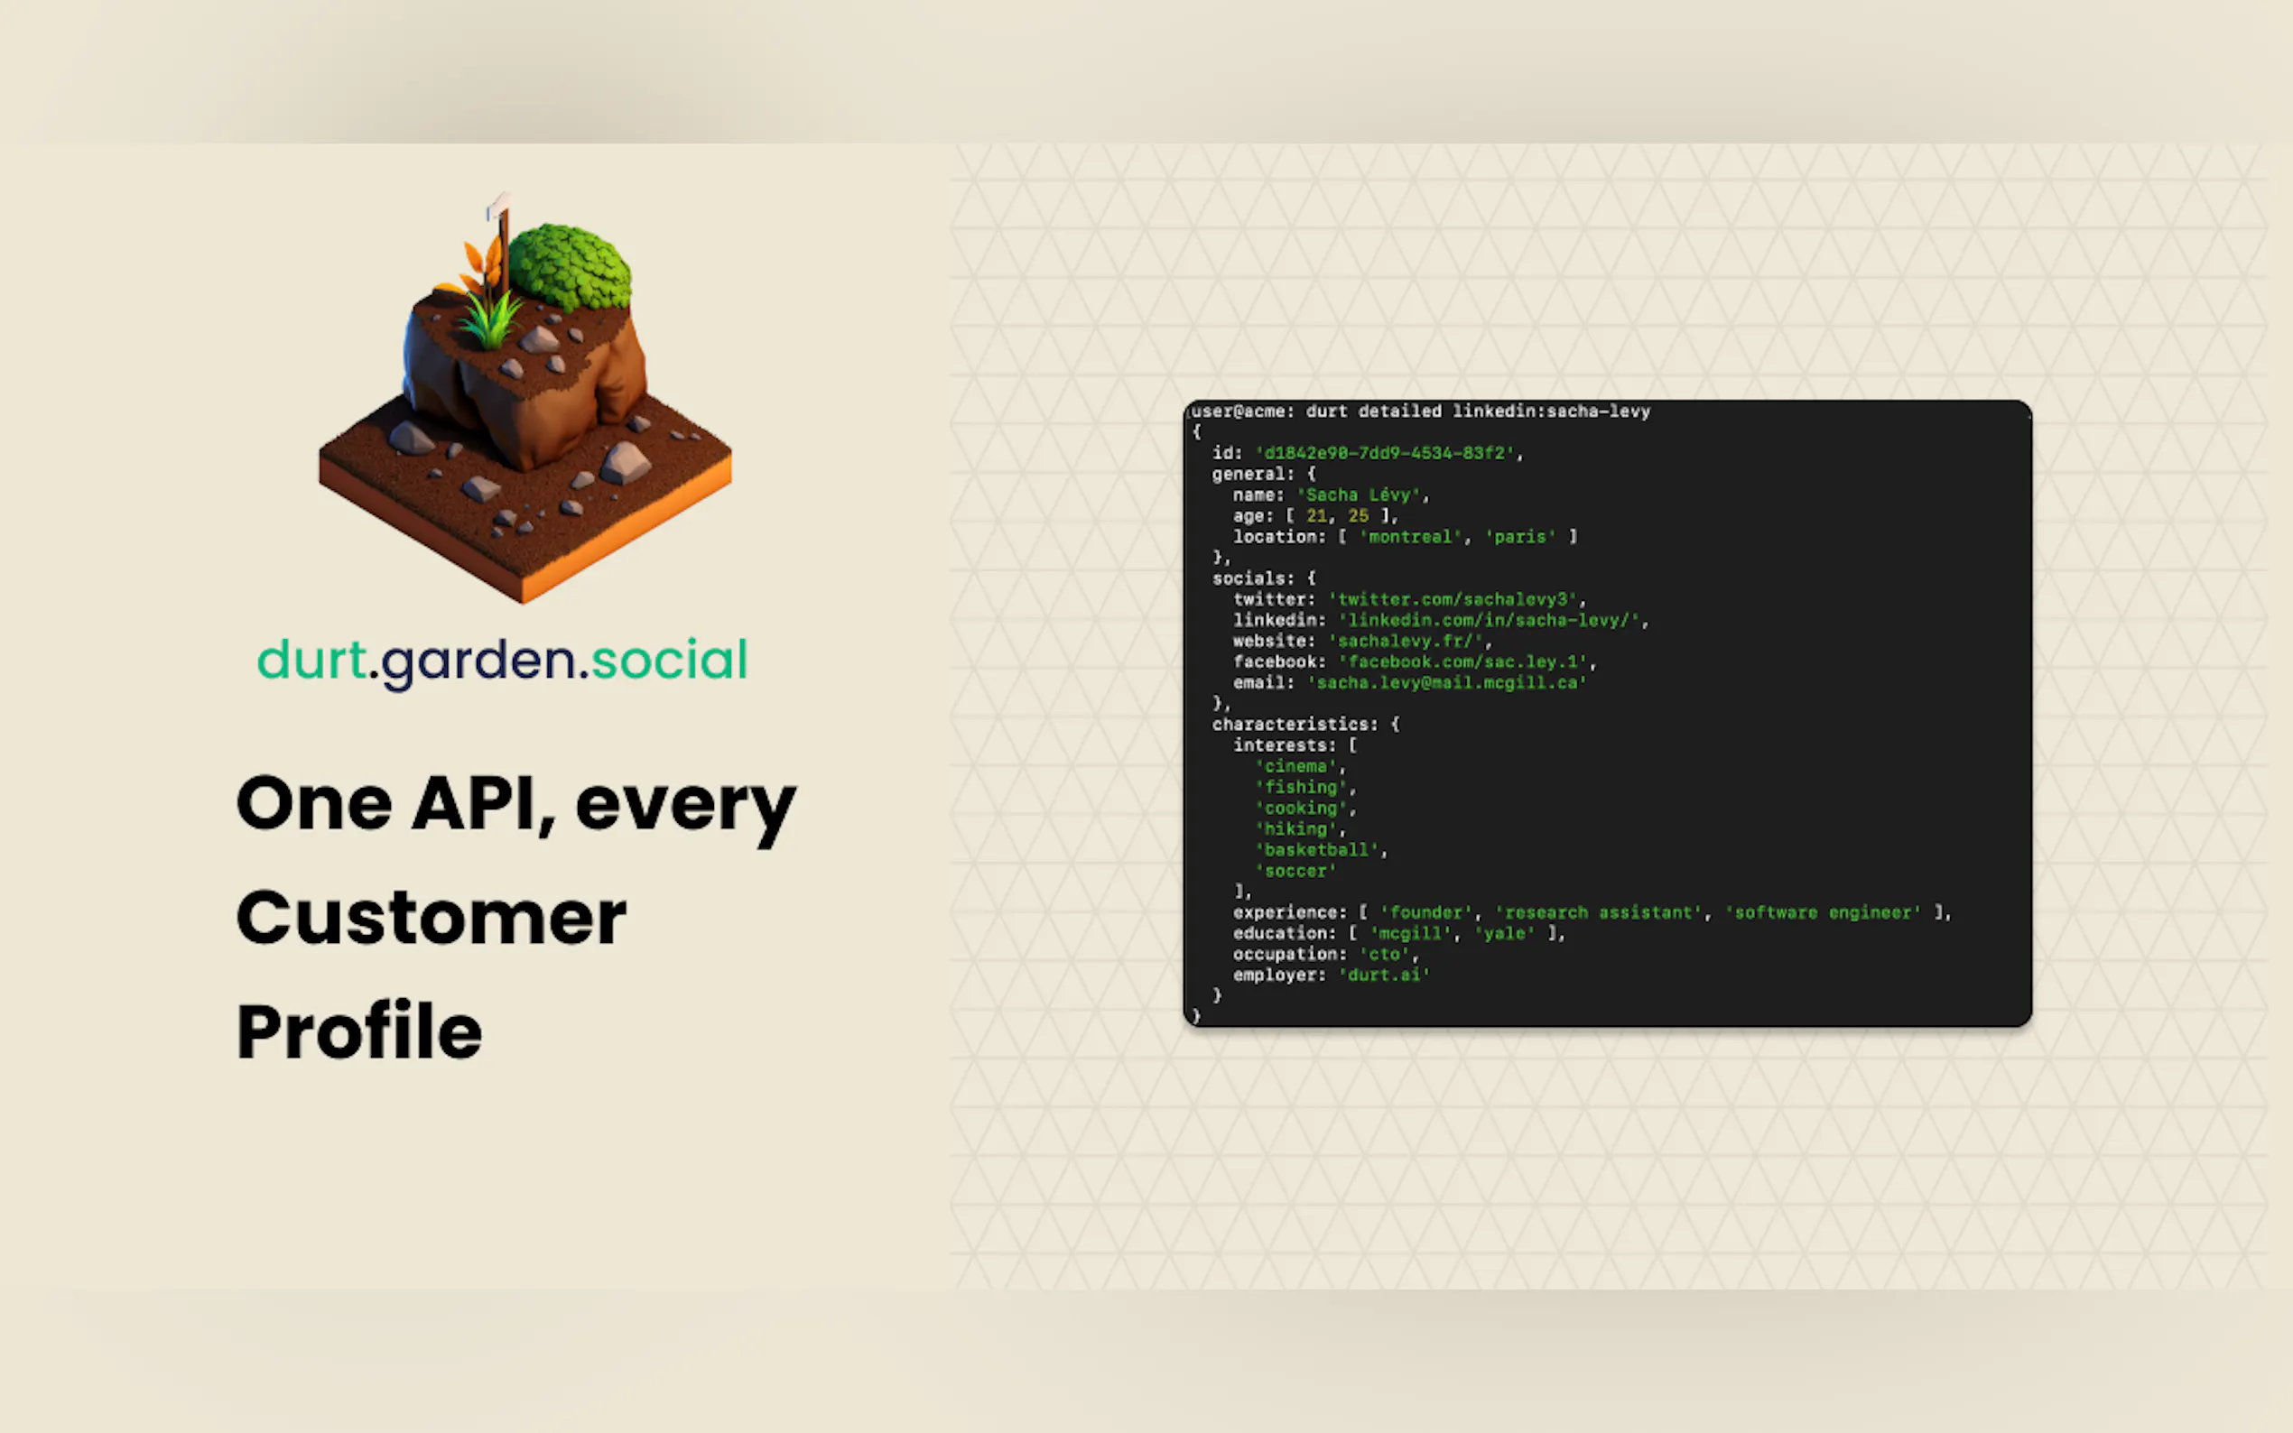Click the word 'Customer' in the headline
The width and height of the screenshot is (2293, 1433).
tap(432, 918)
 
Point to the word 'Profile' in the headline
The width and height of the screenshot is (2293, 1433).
tap(359, 1031)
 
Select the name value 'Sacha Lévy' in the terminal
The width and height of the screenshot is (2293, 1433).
tap(1360, 495)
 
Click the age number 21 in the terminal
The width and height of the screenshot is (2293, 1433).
tap(1316, 515)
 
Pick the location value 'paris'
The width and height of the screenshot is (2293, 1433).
tap(1520, 536)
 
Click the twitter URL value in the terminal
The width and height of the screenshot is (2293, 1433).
tap(1453, 599)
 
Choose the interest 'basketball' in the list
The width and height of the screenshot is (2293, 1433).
tap(1316, 849)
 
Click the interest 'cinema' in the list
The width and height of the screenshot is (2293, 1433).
tap(1295, 766)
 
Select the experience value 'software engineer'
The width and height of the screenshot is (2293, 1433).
tap(1824, 911)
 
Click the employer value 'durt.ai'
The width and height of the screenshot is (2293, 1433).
tap(1384, 975)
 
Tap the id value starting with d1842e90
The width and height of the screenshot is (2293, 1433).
tap(1385, 453)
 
